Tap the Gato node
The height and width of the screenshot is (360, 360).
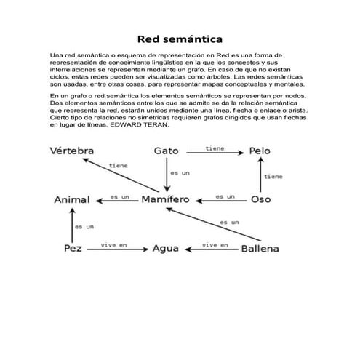click(x=166, y=151)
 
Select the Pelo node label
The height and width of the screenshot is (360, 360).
click(x=260, y=151)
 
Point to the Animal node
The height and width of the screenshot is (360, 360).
click(x=72, y=199)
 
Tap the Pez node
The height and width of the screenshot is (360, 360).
click(x=72, y=248)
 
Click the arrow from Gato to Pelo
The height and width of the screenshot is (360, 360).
click(x=214, y=153)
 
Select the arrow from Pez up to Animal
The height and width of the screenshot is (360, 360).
click(x=71, y=225)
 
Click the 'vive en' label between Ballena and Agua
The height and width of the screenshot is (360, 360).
click(x=215, y=244)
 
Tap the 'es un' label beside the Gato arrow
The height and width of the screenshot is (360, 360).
click(x=180, y=173)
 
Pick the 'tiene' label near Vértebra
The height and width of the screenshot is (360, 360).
click(x=118, y=165)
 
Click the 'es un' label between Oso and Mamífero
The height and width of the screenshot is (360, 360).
click(x=225, y=196)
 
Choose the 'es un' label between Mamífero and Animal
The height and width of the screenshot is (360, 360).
click(x=119, y=196)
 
